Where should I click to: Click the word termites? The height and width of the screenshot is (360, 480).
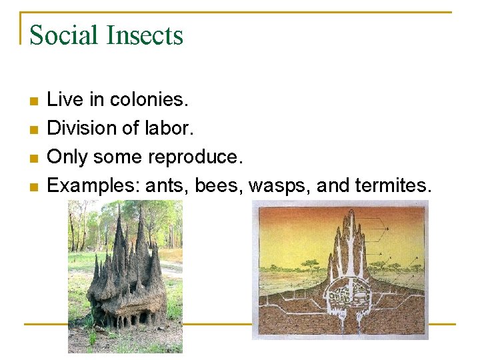pyautogui.click(x=394, y=186)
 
